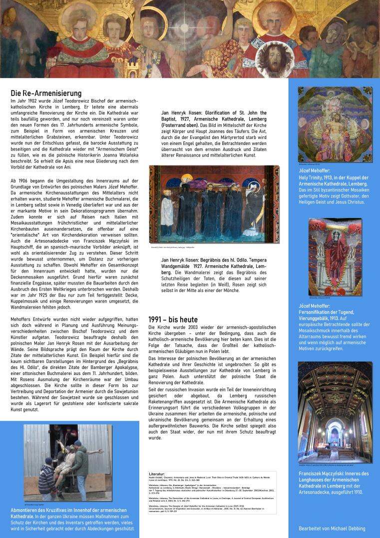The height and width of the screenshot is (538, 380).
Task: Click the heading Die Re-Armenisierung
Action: click(x=46, y=93)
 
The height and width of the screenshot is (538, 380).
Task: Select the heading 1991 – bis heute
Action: click(x=173, y=319)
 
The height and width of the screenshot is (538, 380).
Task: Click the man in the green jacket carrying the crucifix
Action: click(x=78, y=465)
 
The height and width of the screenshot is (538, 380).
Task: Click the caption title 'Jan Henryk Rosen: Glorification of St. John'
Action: click(x=221, y=113)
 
